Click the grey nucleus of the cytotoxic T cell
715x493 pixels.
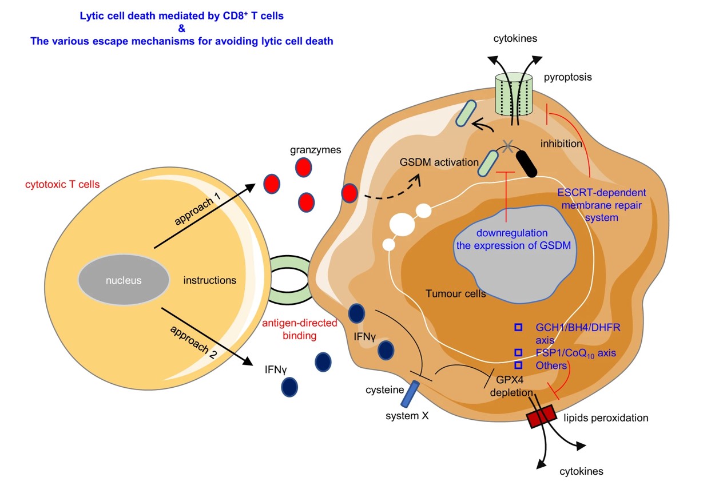point(124,280)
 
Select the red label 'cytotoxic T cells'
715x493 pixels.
point(62,185)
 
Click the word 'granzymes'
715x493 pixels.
point(315,150)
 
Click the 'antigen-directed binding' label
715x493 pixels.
point(299,329)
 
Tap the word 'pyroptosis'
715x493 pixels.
point(567,77)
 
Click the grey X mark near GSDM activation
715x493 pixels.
point(506,146)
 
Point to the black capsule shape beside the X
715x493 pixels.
point(526,163)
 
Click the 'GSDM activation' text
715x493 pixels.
point(439,162)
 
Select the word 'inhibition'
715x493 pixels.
point(561,144)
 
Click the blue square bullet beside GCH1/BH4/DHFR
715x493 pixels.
point(518,327)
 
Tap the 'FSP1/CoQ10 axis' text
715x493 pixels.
point(575,353)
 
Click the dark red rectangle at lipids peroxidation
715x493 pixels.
point(540,416)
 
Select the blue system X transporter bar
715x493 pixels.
point(410,394)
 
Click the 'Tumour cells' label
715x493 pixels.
point(455,294)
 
